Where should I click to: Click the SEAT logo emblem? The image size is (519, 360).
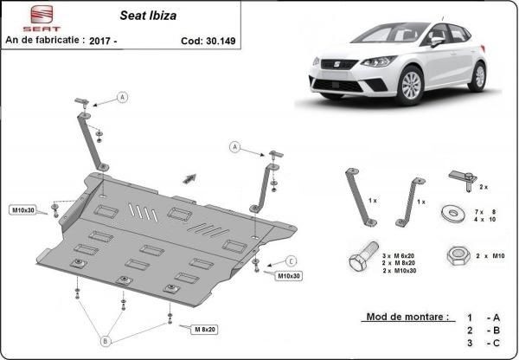click(42, 14)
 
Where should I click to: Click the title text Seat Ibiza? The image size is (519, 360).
click(148, 16)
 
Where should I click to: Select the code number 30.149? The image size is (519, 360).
click(221, 41)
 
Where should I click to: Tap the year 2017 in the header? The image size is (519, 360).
click(100, 41)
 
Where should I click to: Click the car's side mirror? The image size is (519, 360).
click(437, 41)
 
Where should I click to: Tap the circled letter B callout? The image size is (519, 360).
click(106, 341)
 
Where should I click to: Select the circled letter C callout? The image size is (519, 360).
click(291, 261)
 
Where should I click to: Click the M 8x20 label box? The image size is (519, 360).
click(204, 329)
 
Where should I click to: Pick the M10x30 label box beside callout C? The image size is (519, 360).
click(289, 275)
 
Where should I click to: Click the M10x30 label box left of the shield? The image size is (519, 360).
click(23, 210)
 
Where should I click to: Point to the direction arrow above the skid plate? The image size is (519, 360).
click(189, 178)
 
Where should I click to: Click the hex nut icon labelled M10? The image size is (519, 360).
click(458, 255)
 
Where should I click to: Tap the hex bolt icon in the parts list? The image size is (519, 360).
click(363, 256)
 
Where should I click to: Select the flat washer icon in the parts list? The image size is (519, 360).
click(453, 213)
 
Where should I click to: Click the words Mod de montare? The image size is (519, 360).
click(407, 317)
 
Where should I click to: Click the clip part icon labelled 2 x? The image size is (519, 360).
click(463, 180)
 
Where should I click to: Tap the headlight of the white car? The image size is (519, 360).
click(379, 61)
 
